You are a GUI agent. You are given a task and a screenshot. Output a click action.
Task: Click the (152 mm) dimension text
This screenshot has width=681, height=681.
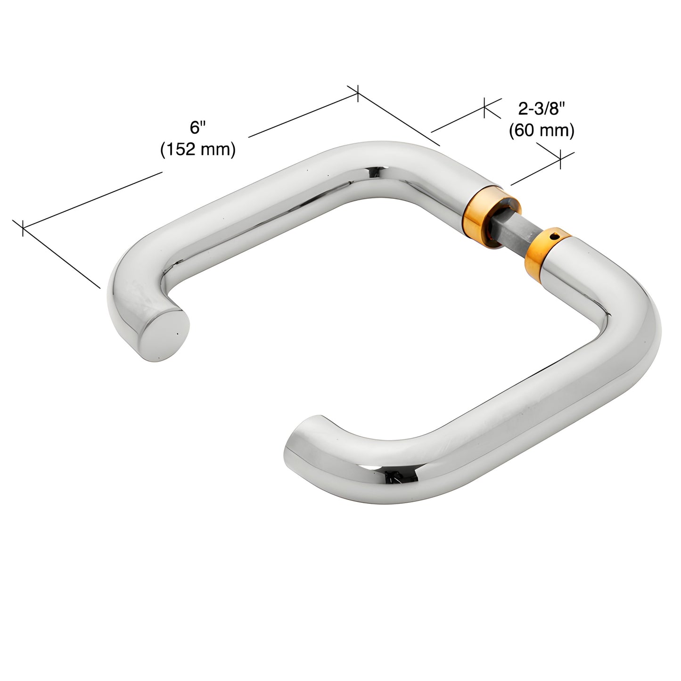pos(198,149)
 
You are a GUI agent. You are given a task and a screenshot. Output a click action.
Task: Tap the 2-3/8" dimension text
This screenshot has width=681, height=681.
pos(542,109)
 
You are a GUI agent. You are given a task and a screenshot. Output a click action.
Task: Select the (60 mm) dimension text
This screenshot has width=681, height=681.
pos(542,130)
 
